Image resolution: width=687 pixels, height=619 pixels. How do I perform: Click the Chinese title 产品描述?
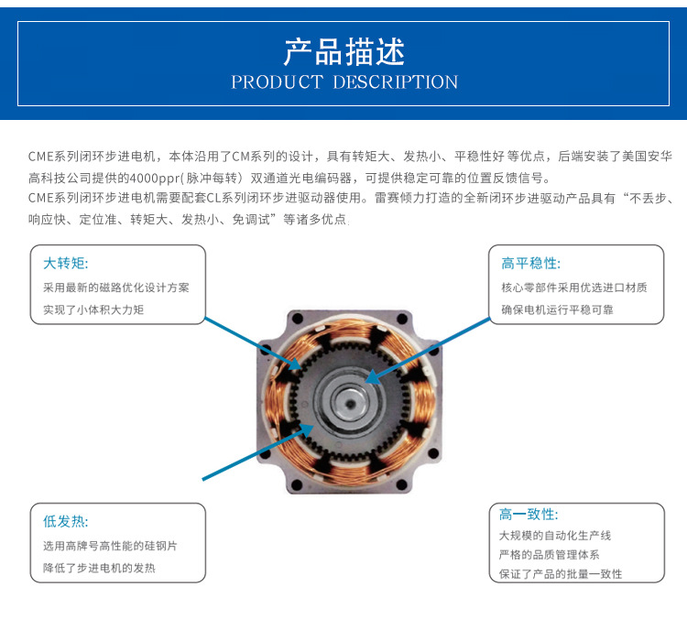[x=343, y=52]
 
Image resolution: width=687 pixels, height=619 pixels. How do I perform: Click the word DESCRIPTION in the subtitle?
[x=395, y=82]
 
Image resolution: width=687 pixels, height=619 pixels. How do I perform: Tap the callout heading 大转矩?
[x=66, y=264]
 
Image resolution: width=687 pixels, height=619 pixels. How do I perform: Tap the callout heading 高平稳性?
[x=530, y=264]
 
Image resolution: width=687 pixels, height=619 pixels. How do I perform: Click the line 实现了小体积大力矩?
[x=93, y=310]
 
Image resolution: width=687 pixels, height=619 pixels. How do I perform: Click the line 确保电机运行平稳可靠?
[x=557, y=310]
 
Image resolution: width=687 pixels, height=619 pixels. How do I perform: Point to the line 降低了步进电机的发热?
[x=99, y=568]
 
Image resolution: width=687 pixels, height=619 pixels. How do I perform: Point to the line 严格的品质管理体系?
[x=550, y=555]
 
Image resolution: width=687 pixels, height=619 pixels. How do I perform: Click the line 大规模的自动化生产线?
[x=555, y=536]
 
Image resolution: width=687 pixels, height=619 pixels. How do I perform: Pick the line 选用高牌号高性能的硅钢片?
[x=110, y=546]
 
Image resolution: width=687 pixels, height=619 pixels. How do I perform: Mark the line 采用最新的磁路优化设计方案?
[x=116, y=288]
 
